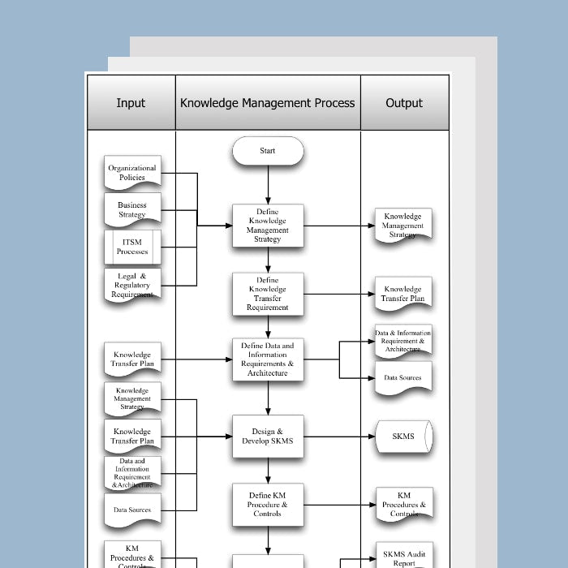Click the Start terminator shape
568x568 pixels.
click(x=268, y=151)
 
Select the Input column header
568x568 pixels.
click(x=131, y=103)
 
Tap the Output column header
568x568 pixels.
click(x=404, y=103)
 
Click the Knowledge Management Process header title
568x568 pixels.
click(x=268, y=103)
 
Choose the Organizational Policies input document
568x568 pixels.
click(x=132, y=173)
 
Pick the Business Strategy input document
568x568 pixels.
click(x=132, y=210)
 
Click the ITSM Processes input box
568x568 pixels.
click(x=132, y=247)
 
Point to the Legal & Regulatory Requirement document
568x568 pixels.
click(x=132, y=285)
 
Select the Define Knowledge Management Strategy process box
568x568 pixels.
click(x=268, y=225)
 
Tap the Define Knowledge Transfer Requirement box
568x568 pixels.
click(x=268, y=294)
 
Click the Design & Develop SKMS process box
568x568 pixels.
click(x=268, y=437)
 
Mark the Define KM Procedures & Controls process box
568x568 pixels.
click(x=268, y=505)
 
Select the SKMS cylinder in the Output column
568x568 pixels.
click(x=403, y=437)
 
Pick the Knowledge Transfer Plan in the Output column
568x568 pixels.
click(x=403, y=294)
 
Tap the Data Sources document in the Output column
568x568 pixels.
click(x=403, y=378)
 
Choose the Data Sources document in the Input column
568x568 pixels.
click(x=132, y=510)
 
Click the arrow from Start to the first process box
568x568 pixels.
click(x=268, y=184)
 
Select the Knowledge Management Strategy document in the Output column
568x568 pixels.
click(x=403, y=225)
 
